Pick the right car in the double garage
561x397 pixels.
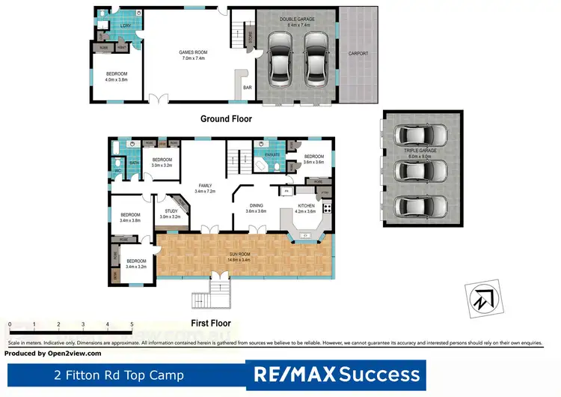316,61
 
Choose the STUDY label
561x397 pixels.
171,212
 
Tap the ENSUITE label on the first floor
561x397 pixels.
272,154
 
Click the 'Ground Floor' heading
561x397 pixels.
226,119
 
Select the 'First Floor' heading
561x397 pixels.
210,324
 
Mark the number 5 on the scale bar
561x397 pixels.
132,324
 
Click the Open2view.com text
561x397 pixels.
72,353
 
